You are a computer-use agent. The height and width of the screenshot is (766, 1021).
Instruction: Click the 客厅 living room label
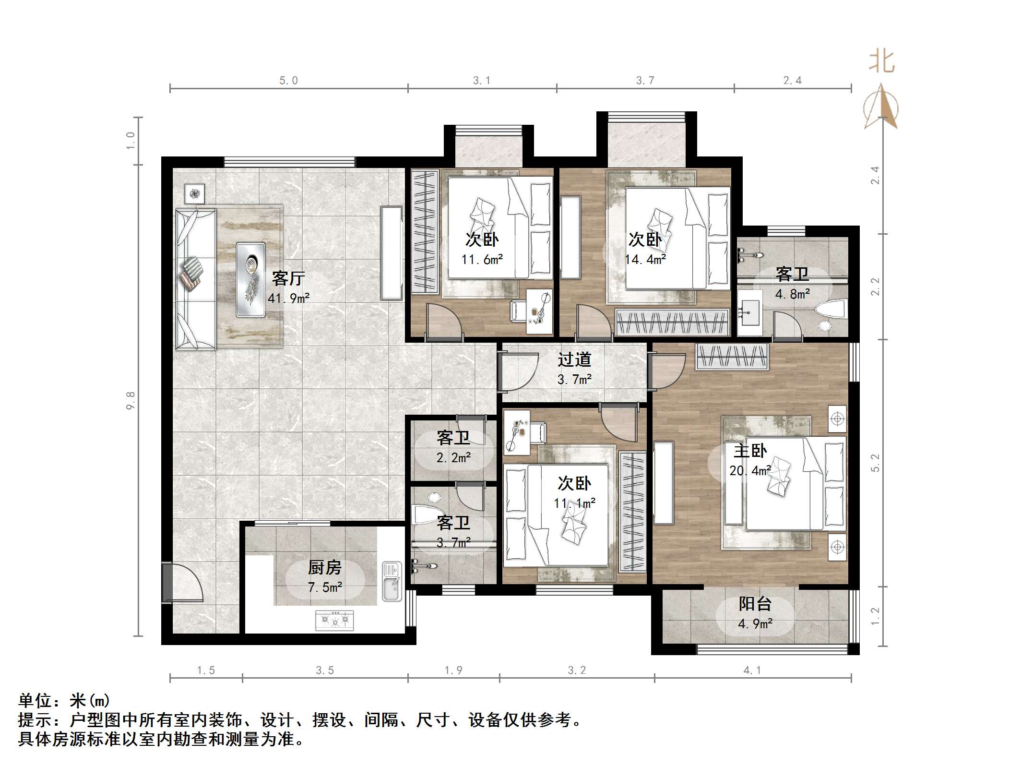288,278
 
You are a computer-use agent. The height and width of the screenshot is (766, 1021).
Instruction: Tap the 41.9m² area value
288,299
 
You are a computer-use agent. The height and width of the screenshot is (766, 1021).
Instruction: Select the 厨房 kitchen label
325,568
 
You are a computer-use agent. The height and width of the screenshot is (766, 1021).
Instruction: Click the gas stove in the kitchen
334,621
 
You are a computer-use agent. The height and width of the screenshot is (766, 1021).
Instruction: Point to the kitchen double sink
392,581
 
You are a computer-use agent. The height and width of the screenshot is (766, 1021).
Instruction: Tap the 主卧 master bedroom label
750,451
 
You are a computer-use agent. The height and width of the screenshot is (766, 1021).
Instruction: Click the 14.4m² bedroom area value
645,260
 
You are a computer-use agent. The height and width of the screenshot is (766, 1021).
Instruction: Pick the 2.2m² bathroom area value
453,458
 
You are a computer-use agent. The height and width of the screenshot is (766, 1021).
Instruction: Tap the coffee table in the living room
250,279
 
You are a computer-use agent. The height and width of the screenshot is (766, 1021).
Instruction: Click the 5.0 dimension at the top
288,81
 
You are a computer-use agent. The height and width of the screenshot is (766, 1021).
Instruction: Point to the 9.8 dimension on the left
131,400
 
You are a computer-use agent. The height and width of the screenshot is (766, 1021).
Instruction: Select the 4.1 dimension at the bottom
752,670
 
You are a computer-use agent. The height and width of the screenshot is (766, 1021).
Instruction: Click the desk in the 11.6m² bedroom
539,312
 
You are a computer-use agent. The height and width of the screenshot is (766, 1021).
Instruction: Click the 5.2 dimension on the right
876,463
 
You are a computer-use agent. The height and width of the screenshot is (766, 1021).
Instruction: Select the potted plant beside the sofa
194,194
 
